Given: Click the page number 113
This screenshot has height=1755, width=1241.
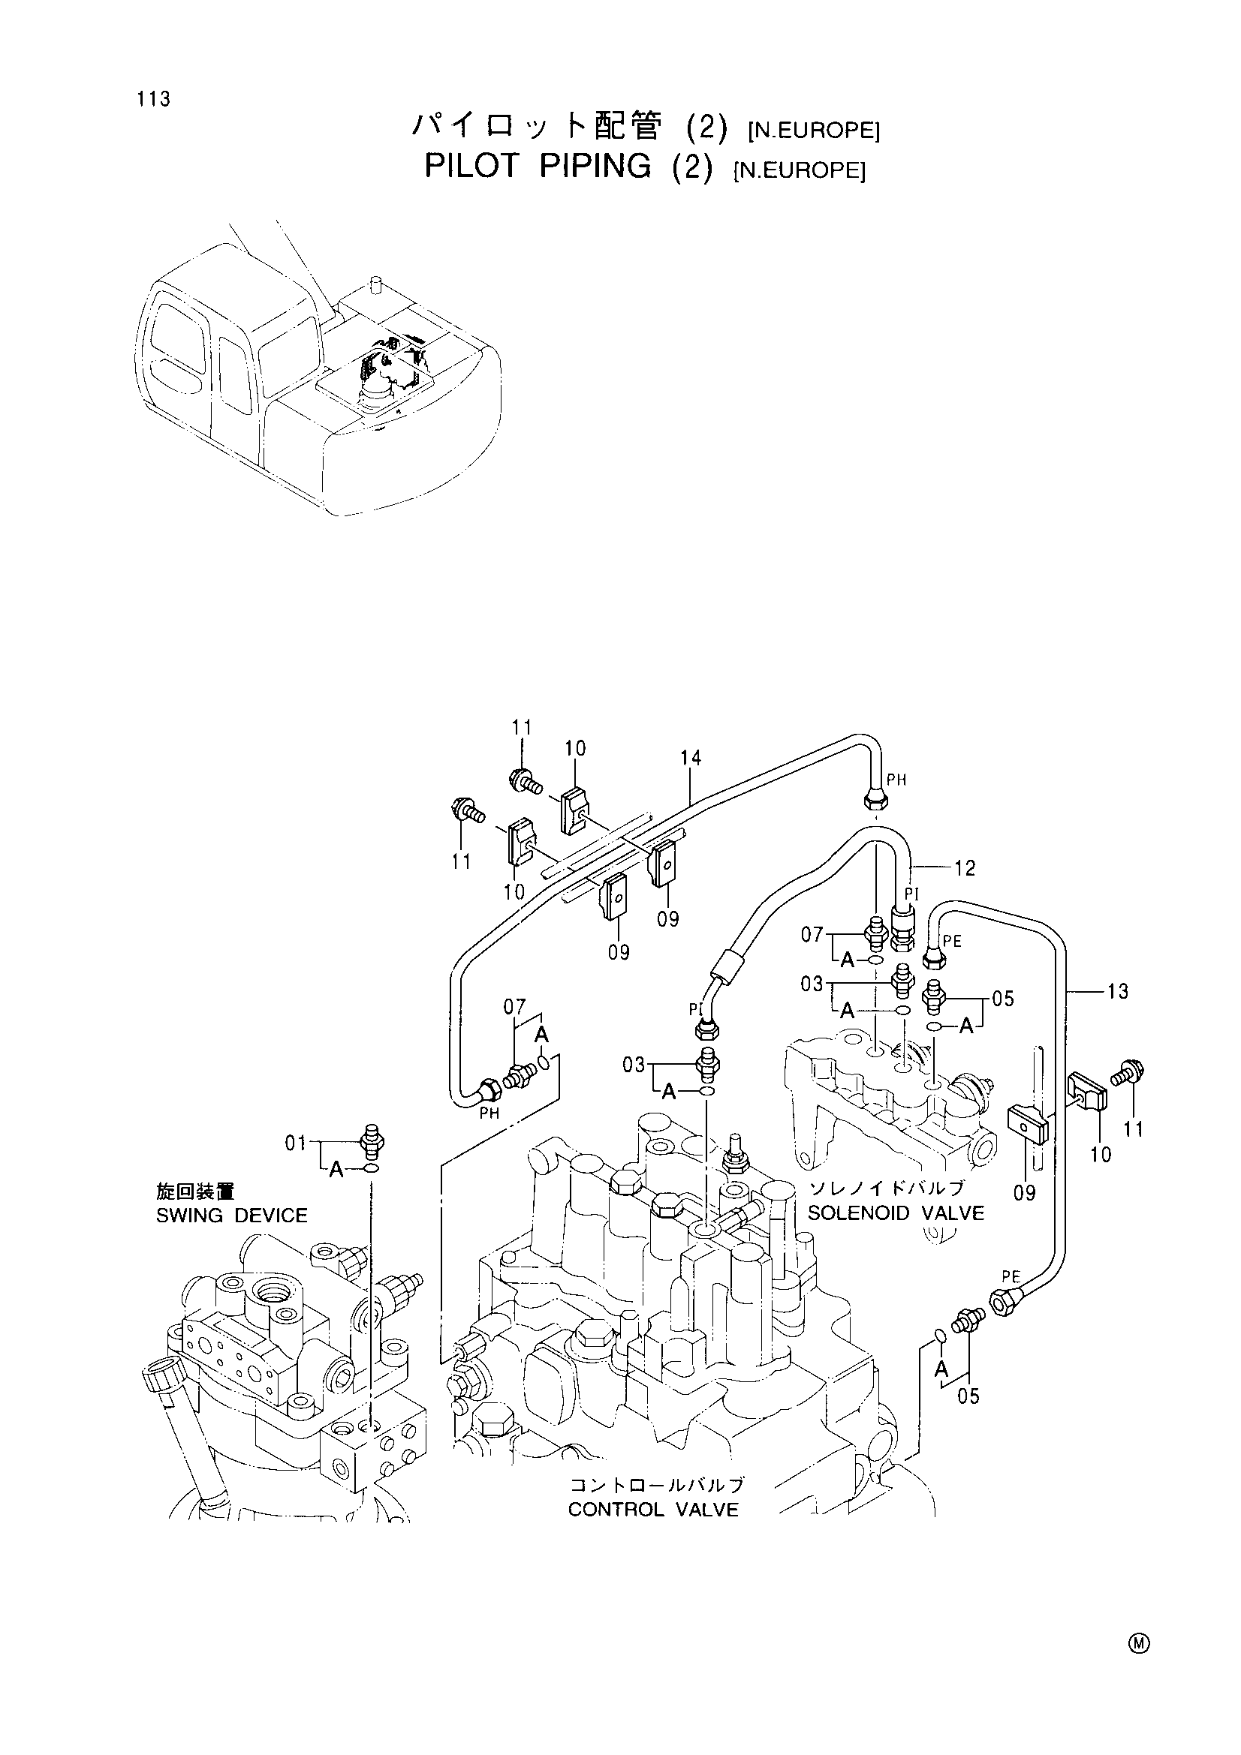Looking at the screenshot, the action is coord(154,99).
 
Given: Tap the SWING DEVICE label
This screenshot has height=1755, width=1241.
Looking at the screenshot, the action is coord(232,1216).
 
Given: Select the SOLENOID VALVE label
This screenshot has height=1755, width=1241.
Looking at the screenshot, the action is coord(896,1213).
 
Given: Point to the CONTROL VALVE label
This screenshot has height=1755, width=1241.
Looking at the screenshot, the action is coord(654,1510).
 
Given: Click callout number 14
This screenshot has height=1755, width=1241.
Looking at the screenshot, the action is coord(691,759).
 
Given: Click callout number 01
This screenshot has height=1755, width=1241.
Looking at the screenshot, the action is coord(296,1143).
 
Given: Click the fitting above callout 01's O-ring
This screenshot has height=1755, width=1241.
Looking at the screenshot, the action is coord(372,1143).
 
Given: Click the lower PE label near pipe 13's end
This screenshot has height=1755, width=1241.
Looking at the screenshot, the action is coord(1011,1276).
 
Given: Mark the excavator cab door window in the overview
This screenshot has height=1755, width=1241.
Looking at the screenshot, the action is coord(236,375).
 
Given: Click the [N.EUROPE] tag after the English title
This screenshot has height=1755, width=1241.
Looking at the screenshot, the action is coord(799,170).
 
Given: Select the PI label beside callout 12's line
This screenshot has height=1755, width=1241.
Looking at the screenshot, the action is coord(912,894).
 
